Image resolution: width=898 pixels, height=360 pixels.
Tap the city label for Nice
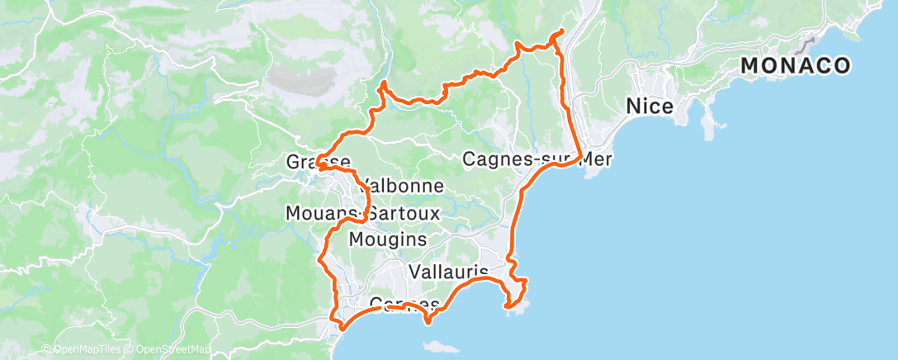650,107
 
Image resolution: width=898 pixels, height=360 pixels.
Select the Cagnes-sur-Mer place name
536,159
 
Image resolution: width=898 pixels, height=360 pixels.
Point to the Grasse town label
318,161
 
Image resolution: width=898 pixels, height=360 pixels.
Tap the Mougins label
388,239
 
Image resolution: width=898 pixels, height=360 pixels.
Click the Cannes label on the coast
404,304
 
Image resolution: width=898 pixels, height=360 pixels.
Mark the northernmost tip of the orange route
562,31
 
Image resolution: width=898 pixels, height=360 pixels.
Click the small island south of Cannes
430,321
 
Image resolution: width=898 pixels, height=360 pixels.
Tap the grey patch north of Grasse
305,79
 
